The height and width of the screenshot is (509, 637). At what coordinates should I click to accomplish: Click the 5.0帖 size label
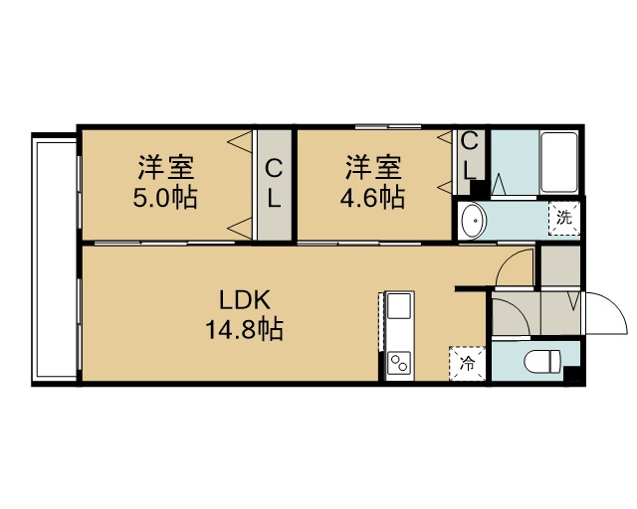tap(165, 197)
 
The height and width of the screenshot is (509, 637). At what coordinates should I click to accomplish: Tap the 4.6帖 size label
tap(372, 197)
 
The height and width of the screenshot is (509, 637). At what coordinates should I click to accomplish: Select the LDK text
tap(245, 301)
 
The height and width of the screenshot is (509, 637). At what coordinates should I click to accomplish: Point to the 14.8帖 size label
tap(245, 329)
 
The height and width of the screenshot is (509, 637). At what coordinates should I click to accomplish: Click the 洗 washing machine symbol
tap(564, 219)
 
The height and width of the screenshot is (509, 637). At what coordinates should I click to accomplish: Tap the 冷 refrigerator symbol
tap(467, 363)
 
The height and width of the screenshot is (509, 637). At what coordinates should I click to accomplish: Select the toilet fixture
tap(542, 361)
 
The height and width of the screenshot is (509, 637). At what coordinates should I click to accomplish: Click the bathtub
tap(559, 162)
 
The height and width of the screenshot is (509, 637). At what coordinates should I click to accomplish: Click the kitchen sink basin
tap(399, 306)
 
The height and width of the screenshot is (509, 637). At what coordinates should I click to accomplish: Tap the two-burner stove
tap(398, 363)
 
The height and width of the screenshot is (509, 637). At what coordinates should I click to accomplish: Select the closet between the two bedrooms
tap(275, 185)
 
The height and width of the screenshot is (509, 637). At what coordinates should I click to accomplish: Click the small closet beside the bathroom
tap(471, 162)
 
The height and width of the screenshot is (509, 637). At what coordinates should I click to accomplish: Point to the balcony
tap(55, 259)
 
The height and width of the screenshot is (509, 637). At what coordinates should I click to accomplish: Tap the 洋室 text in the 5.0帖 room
tap(165, 167)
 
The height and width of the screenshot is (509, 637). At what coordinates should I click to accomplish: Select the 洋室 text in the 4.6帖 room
tap(373, 167)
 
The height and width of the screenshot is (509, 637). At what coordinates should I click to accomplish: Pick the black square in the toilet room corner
tap(573, 374)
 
